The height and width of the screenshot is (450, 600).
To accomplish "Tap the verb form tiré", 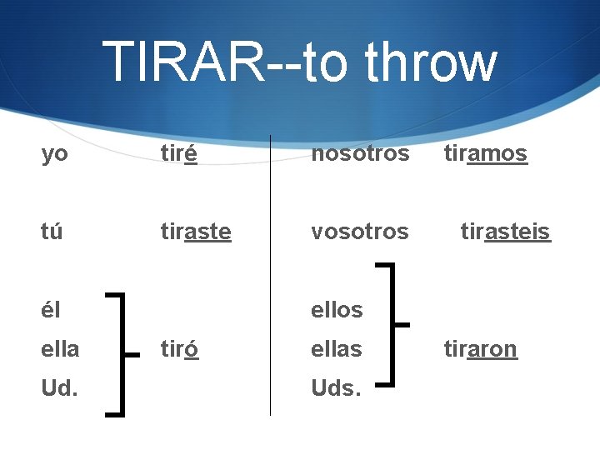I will click(x=179, y=154).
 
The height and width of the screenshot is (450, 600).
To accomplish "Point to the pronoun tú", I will click(x=52, y=231).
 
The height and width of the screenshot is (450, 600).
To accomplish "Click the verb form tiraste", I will click(x=196, y=231).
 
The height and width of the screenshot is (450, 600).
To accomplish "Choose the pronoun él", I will click(x=51, y=309).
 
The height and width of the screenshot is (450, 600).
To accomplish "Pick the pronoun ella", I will click(x=60, y=348).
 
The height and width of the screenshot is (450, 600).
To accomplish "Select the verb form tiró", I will click(x=179, y=348).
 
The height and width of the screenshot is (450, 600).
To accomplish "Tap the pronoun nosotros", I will click(x=360, y=154).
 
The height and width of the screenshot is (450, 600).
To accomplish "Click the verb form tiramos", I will click(x=485, y=154).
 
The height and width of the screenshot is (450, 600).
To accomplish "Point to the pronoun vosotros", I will click(x=360, y=231).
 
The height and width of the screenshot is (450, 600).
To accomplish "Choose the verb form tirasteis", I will click(x=506, y=231).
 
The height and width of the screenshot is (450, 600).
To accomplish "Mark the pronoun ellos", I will click(x=337, y=309).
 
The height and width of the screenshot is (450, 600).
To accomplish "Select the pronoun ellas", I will click(x=337, y=348).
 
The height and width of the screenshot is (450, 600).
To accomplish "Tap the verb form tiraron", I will click(x=480, y=348).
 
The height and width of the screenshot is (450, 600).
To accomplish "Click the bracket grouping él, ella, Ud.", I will click(x=123, y=353).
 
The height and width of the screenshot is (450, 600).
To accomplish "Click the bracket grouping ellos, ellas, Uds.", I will click(x=392, y=325).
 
